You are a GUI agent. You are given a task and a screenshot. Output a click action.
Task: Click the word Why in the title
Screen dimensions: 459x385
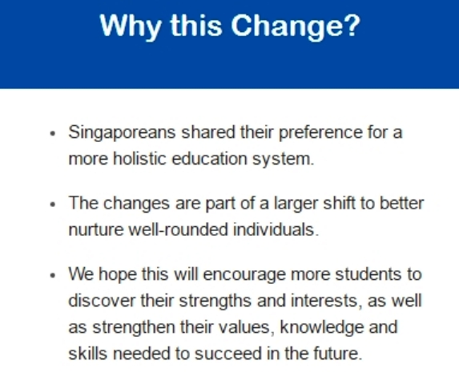pos(131,26)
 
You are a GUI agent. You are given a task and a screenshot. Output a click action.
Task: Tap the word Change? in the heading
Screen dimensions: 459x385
pos(296,26)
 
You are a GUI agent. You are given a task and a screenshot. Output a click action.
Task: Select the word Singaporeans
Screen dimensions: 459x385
pos(122,133)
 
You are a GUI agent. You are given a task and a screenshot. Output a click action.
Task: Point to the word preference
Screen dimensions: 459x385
pos(320,133)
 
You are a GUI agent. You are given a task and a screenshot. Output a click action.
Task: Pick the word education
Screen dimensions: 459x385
pos(209,159)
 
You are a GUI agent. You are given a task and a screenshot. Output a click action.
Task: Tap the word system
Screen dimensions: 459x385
pos(283,160)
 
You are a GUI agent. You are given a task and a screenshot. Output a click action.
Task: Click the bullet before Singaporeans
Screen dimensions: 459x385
pos(53,134)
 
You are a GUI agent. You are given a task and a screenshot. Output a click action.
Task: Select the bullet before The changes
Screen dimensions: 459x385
pos(53,205)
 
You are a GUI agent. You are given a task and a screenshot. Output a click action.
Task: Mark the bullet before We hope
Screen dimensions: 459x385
pos(53,275)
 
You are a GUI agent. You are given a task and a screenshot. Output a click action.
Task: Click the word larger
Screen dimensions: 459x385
pos(296,205)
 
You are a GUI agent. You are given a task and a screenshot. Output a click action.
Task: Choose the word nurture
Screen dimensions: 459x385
pos(96,229)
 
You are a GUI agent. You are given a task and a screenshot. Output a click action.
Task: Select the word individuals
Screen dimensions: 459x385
pos(276,229)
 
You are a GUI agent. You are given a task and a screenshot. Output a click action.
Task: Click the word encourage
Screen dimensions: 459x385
pos(244,275)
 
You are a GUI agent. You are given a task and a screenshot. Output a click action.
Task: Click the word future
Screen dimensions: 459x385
pos(338,354)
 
